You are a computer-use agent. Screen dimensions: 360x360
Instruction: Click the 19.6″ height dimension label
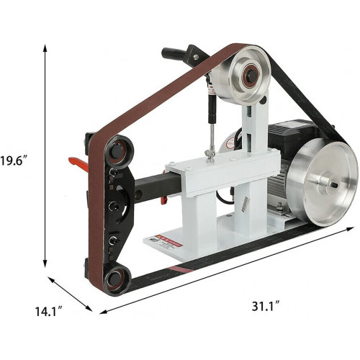pos(14,161)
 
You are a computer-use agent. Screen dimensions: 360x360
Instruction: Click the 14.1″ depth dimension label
pos(49,311)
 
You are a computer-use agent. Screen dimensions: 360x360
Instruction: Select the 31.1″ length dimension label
pos(266,306)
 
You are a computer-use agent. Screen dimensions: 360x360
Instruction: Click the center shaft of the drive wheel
pos(334,185)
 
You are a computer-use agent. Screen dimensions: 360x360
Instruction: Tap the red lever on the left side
pos(78,163)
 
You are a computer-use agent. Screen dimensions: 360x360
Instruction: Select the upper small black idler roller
pos(117,150)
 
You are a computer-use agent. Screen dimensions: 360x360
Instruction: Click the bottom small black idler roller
pos(117,278)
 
